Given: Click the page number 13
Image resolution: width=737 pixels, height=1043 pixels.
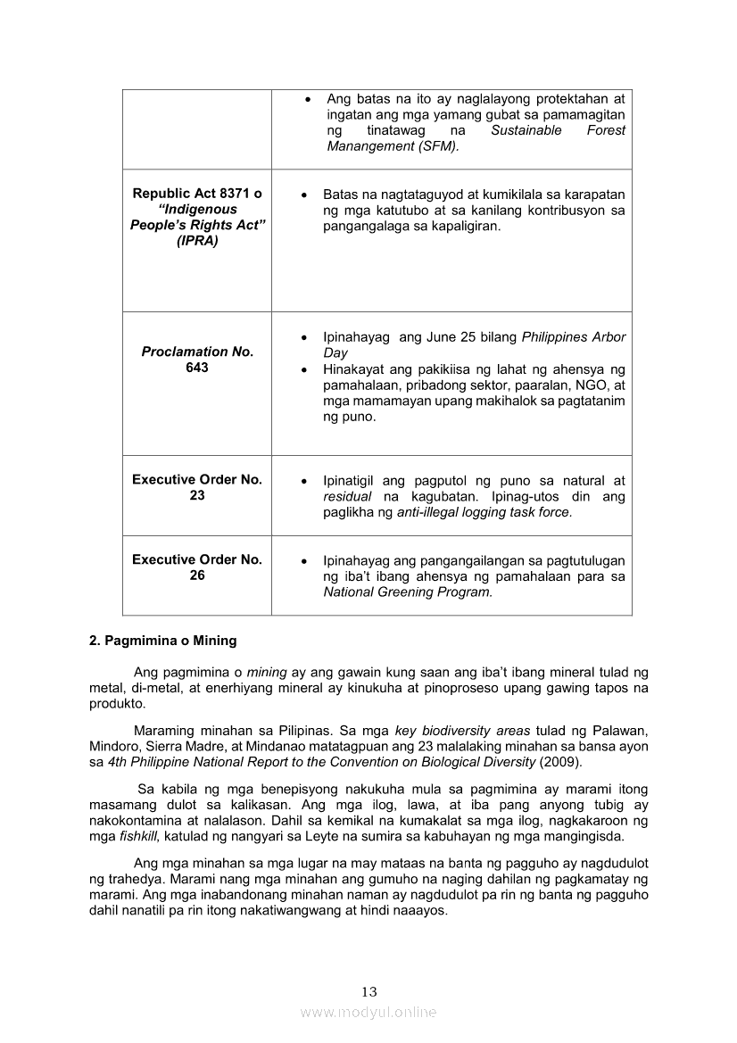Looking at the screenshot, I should tap(369, 992).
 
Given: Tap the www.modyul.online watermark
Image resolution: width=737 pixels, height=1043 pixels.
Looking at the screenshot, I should tap(368, 1012).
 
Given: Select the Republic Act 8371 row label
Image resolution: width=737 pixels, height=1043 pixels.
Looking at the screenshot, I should tap(197, 217).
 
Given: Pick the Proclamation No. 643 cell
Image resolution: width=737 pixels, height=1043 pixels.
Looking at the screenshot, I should tap(197, 360).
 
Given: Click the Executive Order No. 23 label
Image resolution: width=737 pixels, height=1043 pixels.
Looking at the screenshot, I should tap(197, 487).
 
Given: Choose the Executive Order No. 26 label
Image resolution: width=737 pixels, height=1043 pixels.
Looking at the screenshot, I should tap(197, 567).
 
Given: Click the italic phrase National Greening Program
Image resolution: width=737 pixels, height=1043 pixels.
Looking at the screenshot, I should tap(407, 592).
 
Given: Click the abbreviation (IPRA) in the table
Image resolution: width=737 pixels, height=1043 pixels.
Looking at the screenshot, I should tap(197, 242).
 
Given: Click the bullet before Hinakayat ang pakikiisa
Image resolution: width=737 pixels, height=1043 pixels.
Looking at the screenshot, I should tap(306, 369).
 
